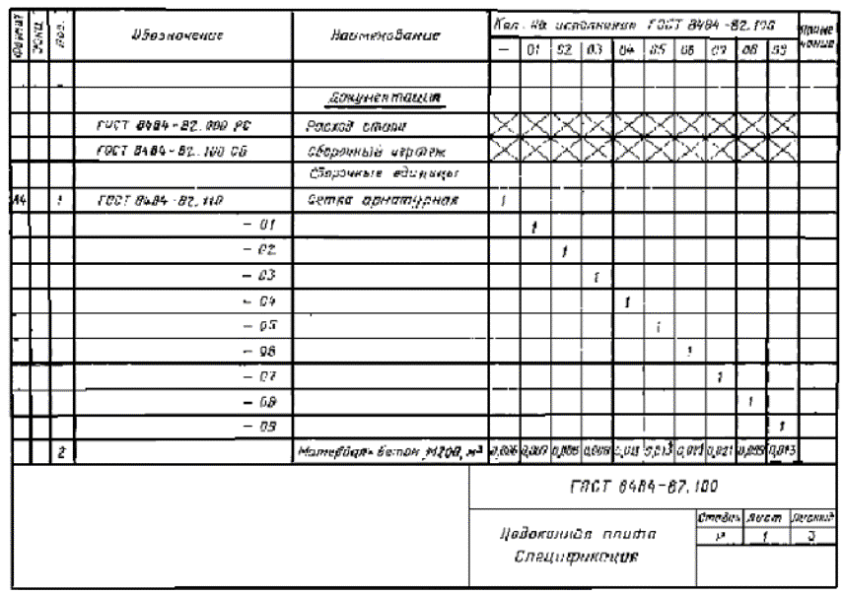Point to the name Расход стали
[341, 127]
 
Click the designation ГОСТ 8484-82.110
[159, 201]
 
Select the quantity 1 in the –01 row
[533, 227]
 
